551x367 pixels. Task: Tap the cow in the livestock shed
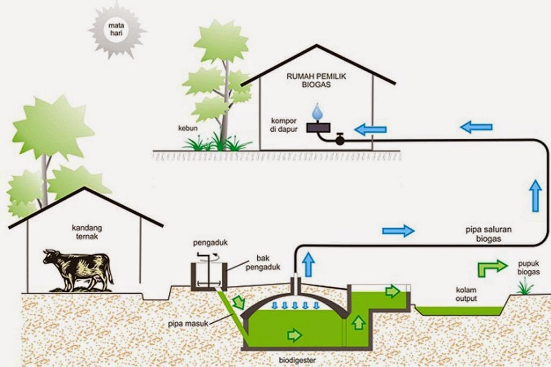(79, 268)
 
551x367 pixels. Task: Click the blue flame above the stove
(319, 112)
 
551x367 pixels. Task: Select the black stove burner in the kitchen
(318, 127)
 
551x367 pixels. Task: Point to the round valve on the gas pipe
(340, 140)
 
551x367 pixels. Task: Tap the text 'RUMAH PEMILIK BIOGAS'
(316, 81)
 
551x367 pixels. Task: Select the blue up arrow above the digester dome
(308, 263)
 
